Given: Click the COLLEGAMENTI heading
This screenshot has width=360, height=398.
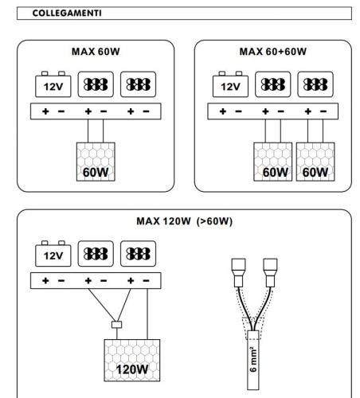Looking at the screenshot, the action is [x=67, y=13].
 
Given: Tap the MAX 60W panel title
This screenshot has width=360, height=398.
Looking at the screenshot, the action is [x=96, y=52].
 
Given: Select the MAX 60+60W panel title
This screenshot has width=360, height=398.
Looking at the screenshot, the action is [x=273, y=52].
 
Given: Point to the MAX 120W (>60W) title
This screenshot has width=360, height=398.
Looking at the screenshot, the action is [x=184, y=221].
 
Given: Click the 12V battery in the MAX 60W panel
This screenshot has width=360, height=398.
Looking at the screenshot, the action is [x=53, y=84].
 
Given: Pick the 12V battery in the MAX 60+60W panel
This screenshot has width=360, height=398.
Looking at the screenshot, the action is [x=230, y=84].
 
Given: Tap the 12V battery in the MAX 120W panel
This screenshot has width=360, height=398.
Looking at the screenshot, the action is [x=53, y=254].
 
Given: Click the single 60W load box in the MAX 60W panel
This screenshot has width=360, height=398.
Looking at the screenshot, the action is [x=96, y=162].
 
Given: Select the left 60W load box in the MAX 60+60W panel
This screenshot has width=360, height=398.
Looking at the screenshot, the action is [x=273, y=162].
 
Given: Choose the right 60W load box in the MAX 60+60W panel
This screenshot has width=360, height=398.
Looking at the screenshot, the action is [x=315, y=162].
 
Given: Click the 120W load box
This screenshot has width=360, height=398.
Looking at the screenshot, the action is [x=132, y=361].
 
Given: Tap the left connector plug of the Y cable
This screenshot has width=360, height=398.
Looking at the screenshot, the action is [x=239, y=273].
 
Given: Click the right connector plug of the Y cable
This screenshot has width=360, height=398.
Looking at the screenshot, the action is [x=270, y=273].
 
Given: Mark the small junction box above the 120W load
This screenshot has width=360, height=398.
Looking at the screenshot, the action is [x=117, y=325].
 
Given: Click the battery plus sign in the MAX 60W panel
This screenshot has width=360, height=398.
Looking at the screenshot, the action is [x=45, y=111].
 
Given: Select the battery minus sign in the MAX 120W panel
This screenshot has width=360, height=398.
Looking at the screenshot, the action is [x=61, y=281].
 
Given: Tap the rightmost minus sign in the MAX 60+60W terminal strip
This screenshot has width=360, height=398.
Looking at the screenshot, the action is [x=323, y=111].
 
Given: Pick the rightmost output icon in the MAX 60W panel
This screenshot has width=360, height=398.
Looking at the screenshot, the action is [x=138, y=84].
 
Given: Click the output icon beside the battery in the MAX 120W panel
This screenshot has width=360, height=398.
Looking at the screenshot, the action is [x=96, y=254].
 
